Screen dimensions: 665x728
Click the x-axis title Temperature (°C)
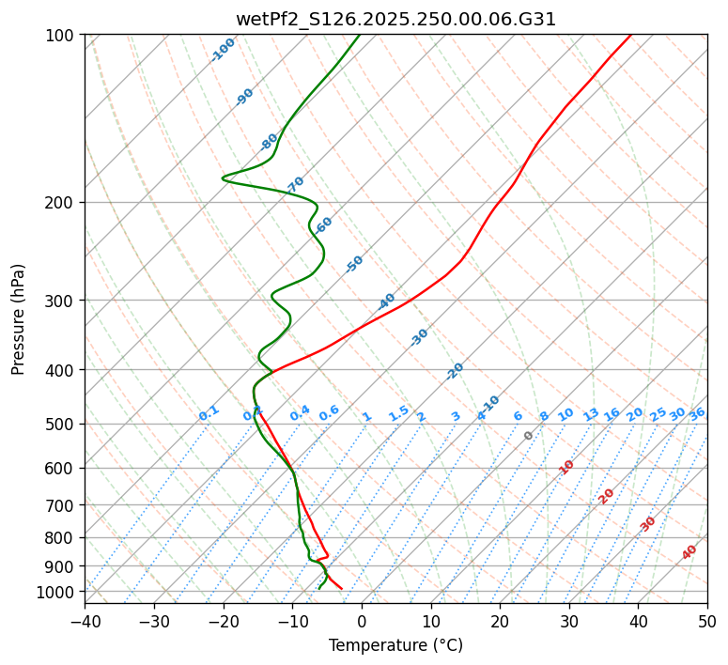coord(395,646)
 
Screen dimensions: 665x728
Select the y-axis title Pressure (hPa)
coord(18,319)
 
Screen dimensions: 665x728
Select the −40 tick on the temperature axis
coord(85,622)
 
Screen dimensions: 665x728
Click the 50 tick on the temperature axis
coord(707,622)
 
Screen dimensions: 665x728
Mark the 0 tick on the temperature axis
coord(362,622)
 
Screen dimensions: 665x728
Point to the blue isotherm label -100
coord(223,50)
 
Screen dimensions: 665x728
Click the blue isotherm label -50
coord(354,264)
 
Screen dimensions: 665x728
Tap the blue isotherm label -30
coord(420,336)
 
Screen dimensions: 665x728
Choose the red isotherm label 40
coord(689,552)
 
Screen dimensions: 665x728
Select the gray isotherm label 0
coord(529,436)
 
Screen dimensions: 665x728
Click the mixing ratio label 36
coord(697,413)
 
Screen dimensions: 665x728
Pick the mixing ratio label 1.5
coord(398,413)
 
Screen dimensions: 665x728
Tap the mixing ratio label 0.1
coord(209,413)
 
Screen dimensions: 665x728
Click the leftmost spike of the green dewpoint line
coord(224,177)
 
